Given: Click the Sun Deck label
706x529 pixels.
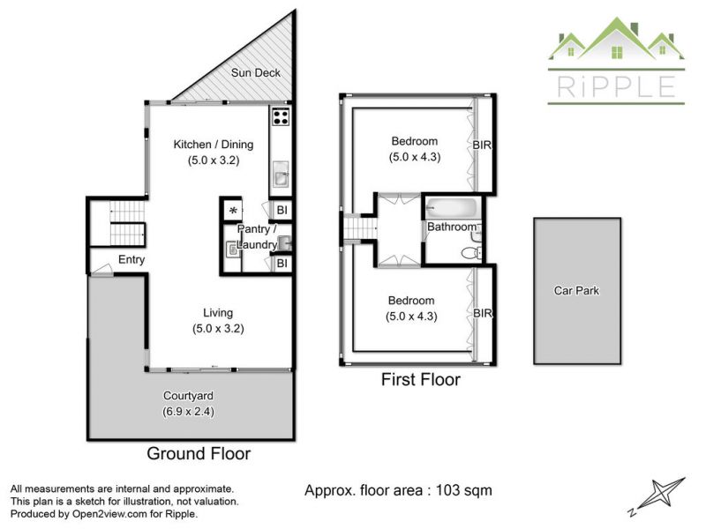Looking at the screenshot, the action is coord(255,72).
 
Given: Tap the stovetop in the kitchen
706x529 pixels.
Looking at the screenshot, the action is coord(280,116).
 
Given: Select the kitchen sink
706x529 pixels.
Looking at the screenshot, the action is coord(281,174).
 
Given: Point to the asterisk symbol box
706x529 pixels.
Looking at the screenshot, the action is coord(233,210).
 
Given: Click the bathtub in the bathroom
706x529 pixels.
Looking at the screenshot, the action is coord(451,208).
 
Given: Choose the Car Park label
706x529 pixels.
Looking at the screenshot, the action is coord(576,291).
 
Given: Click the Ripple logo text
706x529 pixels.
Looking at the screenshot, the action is coord(616,86).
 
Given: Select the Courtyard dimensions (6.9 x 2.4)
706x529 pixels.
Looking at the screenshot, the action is coord(188,412).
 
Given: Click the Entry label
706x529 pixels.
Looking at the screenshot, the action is coord(131,259).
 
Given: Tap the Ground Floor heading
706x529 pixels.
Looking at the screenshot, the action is coord(199,453).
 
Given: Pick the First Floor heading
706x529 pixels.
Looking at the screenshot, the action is coord(421,380).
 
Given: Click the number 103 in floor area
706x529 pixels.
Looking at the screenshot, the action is coord(450,490).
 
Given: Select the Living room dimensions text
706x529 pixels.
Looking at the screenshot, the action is coord(218,329).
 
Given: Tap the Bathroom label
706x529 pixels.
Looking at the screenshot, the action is coord(452,227).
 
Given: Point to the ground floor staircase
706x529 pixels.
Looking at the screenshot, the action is coord(127,223).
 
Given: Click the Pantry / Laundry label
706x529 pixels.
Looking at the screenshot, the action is coord(257,236).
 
